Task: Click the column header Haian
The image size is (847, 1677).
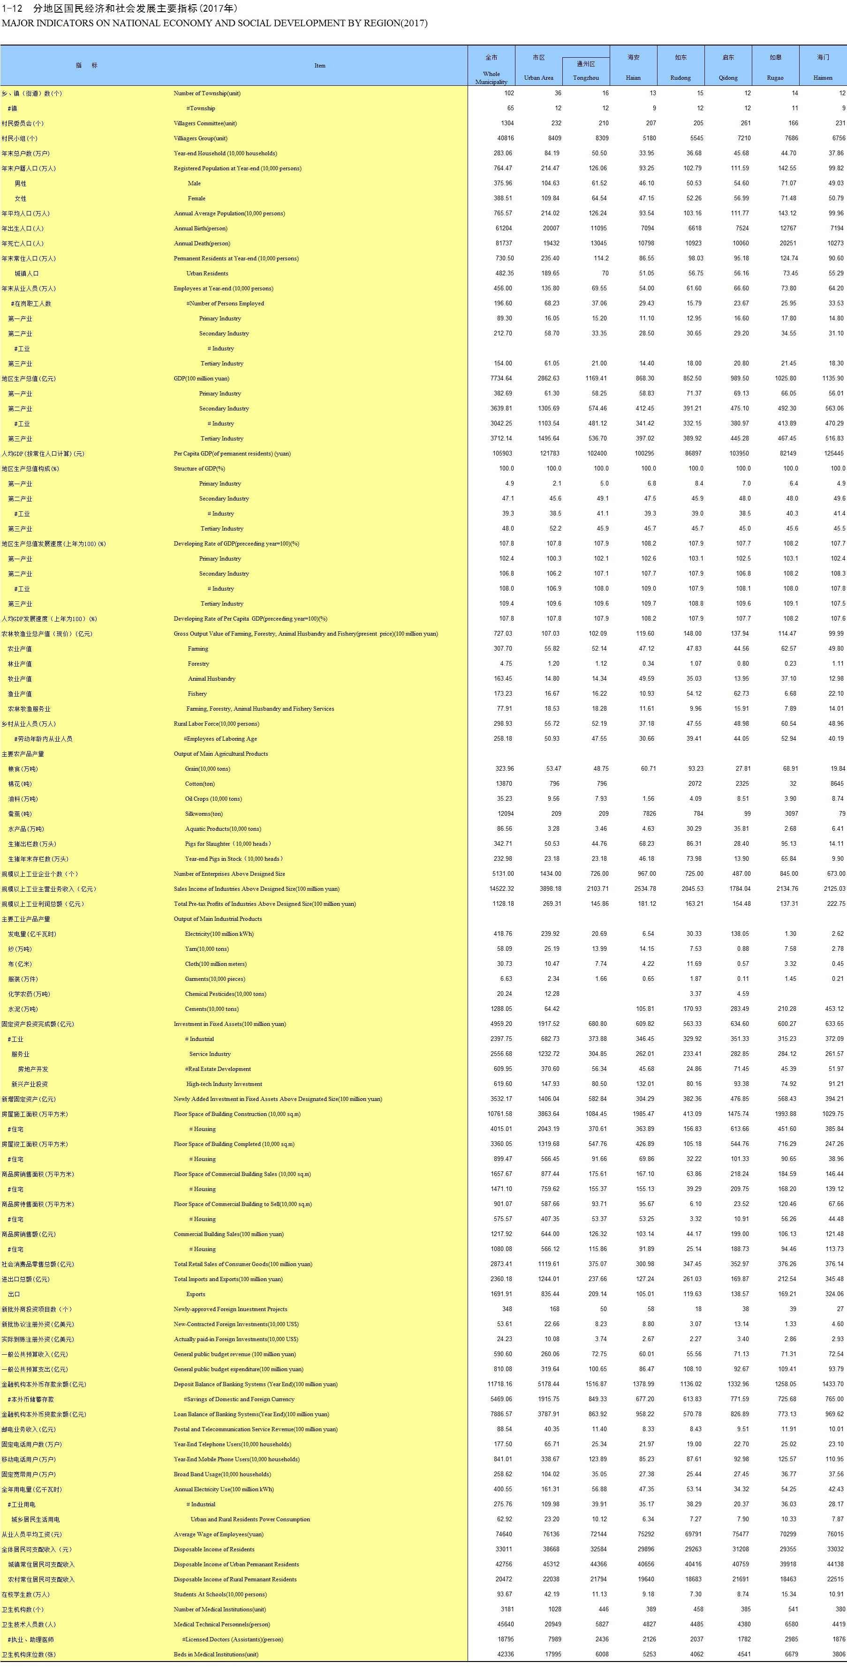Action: pyautogui.click(x=633, y=77)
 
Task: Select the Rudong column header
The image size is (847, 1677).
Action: pyautogui.click(x=681, y=77)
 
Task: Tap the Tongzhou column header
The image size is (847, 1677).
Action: pyautogui.click(x=586, y=77)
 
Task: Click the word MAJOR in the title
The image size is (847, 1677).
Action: pyautogui.click(x=20, y=23)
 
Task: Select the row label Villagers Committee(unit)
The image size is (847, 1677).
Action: pyautogui.click(x=205, y=123)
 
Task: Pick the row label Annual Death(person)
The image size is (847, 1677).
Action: pyautogui.click(x=202, y=243)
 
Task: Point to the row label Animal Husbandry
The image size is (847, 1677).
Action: pyautogui.click(x=212, y=679)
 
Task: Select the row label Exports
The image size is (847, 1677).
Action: pyautogui.click(x=195, y=1294)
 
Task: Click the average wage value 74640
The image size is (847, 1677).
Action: pyautogui.click(x=503, y=1534)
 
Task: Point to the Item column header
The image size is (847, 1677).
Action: pyautogui.click(x=320, y=66)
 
